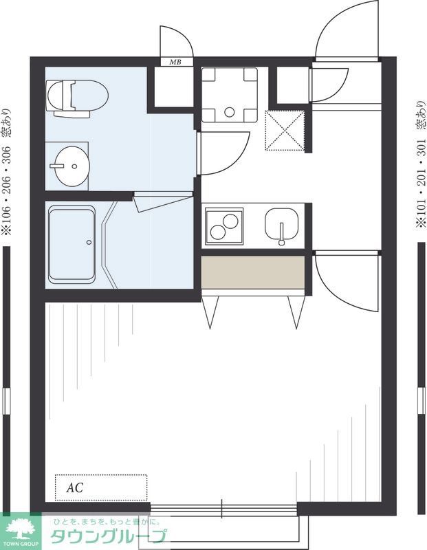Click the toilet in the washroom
[77, 98]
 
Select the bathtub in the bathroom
[72, 244]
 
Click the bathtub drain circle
[89, 242]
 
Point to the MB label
[175, 62]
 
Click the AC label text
[75, 487]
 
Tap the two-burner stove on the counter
[224, 226]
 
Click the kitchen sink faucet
[281, 234]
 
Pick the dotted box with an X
[285, 131]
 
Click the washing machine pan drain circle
[230, 112]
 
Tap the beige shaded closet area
[252, 272]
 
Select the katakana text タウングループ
[108, 536]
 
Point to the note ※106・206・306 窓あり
[7, 172]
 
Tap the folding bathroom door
[163, 201]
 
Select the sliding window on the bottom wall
[223, 509]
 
